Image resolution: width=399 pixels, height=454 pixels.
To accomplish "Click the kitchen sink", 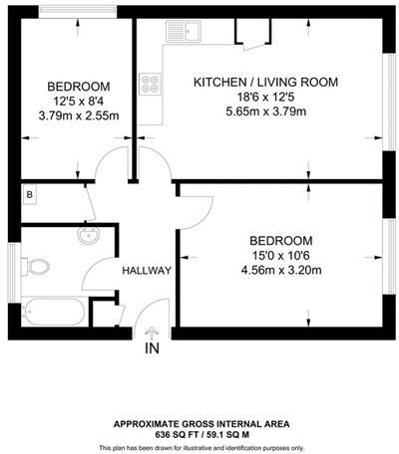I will (186, 36).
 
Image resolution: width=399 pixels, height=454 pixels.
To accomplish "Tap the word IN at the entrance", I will (152, 349).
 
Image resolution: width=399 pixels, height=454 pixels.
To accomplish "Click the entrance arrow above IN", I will (152, 334).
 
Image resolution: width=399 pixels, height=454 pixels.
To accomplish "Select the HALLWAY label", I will (147, 271).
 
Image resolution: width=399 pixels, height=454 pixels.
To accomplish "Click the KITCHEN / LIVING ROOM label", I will (266, 82).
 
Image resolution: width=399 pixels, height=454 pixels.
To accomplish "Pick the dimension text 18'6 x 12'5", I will (266, 97).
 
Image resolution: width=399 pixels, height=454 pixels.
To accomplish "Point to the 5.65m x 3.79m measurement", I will (266, 112).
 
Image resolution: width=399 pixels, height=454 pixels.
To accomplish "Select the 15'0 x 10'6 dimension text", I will (280, 256).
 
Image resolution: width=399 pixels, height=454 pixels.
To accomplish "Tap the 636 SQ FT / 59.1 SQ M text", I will (201, 433).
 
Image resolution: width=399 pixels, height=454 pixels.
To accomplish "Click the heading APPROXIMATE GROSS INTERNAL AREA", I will (201, 422).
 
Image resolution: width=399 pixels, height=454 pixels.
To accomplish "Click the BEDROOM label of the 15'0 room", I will (280, 241).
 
